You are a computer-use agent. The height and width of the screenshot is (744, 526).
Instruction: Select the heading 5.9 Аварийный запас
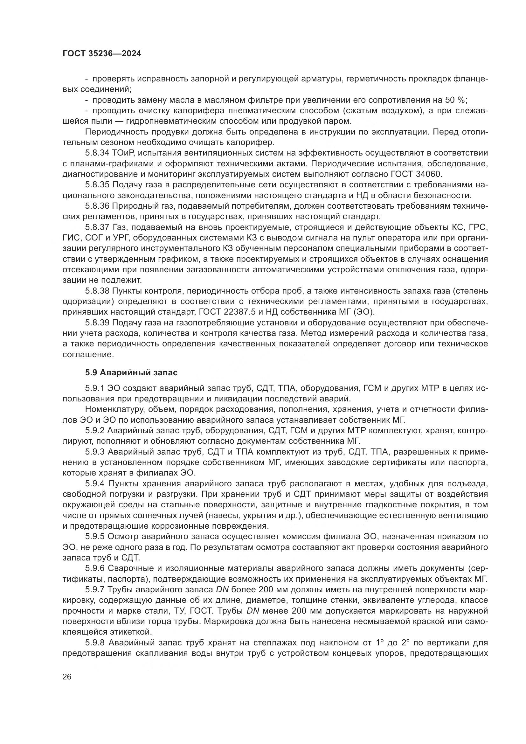[x=131, y=373]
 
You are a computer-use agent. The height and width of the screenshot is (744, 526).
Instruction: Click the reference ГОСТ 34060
[x=414, y=174]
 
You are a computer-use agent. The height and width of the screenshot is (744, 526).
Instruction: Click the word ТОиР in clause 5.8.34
[x=123, y=153]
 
